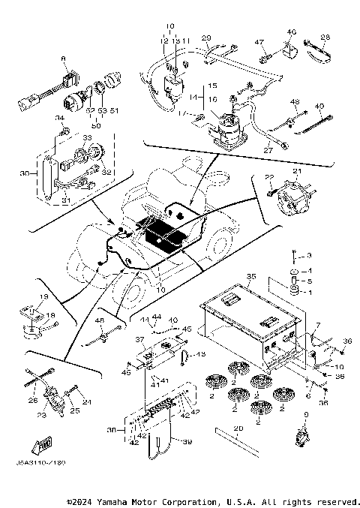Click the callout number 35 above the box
(x=252, y=276)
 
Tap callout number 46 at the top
(x=292, y=32)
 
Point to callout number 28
(x=325, y=38)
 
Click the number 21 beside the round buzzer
(x=296, y=172)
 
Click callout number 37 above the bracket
(x=139, y=339)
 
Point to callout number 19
(x=43, y=297)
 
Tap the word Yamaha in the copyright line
(x=130, y=501)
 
